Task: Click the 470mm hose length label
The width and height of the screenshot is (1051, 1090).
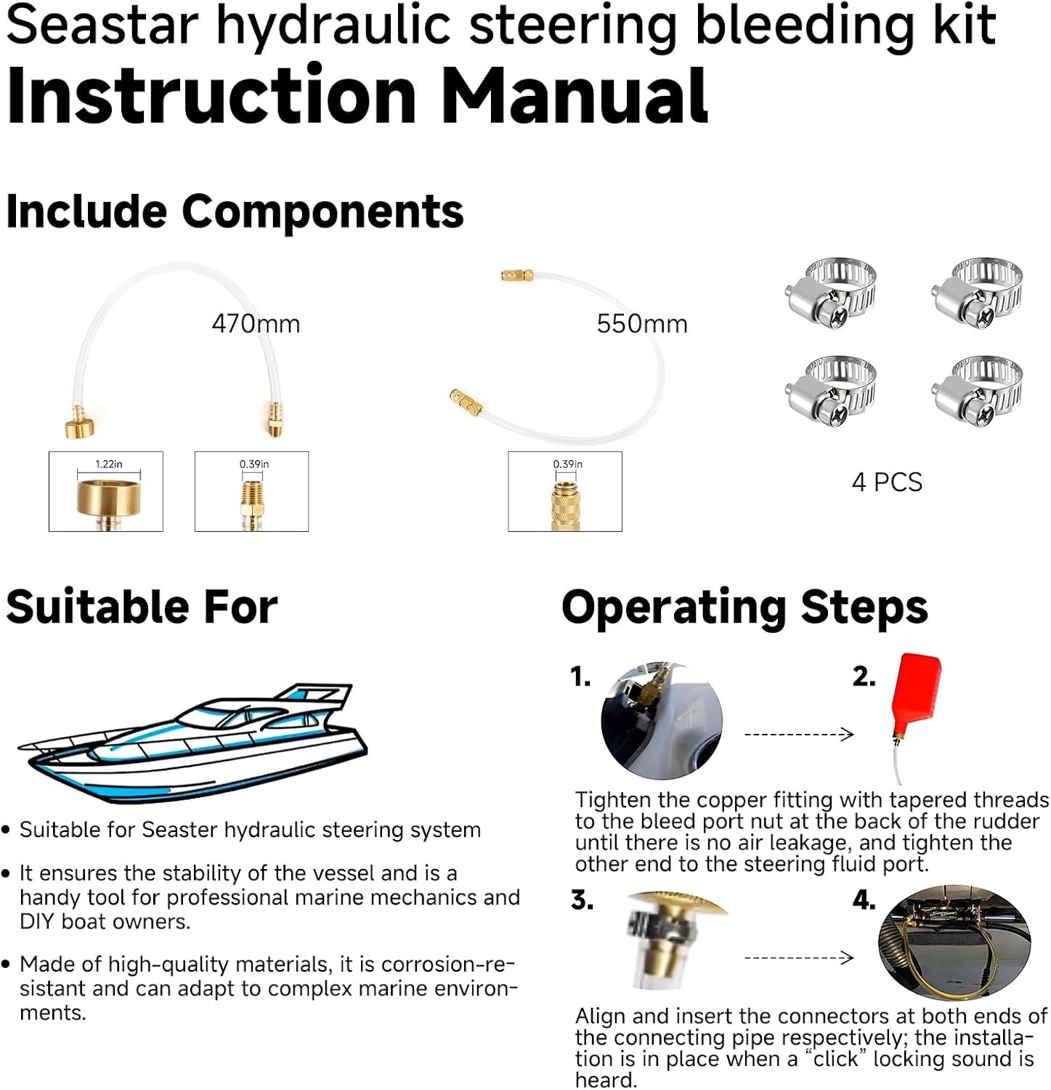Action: tap(256, 323)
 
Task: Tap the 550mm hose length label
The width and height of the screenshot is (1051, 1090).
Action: tap(642, 323)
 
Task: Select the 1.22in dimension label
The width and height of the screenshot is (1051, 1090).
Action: tap(109, 464)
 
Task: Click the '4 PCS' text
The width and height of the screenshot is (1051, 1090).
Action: tap(887, 482)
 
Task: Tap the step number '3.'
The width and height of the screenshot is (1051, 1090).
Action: tap(582, 900)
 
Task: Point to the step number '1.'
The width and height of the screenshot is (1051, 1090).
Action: tap(580, 677)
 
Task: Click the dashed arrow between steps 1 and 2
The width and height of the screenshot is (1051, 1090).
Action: tap(799, 734)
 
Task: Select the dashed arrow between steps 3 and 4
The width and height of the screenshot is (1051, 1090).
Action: tap(799, 957)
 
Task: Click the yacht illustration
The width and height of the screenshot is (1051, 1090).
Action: tap(193, 741)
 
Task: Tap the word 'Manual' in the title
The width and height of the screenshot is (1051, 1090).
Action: tap(575, 97)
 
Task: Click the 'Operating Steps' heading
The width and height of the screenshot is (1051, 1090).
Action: tap(744, 607)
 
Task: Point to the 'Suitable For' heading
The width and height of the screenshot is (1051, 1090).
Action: tap(142, 607)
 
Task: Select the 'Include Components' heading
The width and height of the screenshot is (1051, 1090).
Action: tap(235, 212)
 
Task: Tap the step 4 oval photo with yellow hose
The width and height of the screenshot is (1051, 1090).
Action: tap(954, 942)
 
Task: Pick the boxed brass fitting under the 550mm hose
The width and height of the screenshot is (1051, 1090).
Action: tap(565, 491)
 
